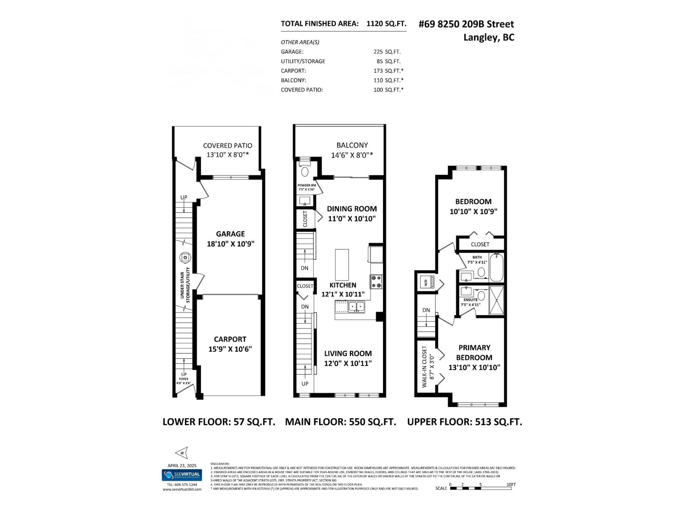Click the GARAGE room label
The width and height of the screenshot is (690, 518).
point(230,234)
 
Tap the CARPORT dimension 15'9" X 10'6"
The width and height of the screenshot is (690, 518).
point(230,349)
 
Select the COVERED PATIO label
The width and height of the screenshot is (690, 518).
point(228,145)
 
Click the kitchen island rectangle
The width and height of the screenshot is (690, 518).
point(342,265)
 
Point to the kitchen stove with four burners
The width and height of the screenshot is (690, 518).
point(376,282)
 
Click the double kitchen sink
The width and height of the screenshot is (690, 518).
point(357,306)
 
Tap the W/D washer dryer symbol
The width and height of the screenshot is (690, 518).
point(426,283)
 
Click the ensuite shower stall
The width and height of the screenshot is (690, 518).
point(497,300)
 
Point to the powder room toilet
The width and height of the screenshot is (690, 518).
point(305,171)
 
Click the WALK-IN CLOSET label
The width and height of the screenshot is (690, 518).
point(424,366)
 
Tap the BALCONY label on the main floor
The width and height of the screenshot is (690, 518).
point(352,145)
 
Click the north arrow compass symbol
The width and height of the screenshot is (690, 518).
point(182,453)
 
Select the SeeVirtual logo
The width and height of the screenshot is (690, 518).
point(182,475)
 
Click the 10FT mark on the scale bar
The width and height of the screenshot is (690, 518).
point(511,485)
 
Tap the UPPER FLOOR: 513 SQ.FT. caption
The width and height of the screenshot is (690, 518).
point(464,422)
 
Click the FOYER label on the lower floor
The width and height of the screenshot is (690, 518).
point(184,379)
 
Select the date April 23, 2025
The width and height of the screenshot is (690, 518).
point(182,465)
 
